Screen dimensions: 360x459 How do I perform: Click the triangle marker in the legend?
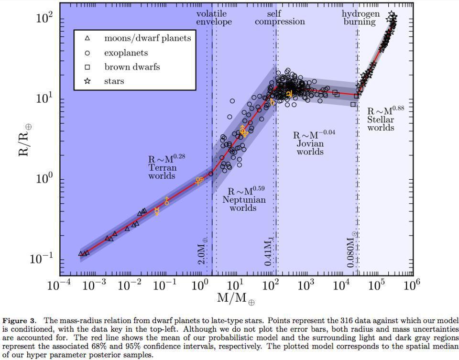tap(87, 38)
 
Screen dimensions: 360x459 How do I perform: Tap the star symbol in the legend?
tap(87, 81)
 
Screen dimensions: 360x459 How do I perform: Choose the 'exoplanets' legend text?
tap(126, 53)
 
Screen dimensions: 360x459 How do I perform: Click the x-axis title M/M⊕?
tap(236, 299)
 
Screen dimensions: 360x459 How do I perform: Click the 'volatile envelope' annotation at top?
tap(213, 18)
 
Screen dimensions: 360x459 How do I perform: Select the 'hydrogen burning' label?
tap(361, 18)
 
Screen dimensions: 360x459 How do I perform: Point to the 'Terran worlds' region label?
tap(162, 167)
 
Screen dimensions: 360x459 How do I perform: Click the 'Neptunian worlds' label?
tap(243, 199)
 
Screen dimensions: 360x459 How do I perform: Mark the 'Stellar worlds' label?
tap(382, 119)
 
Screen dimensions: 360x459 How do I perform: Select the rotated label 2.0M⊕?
tap(202, 251)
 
